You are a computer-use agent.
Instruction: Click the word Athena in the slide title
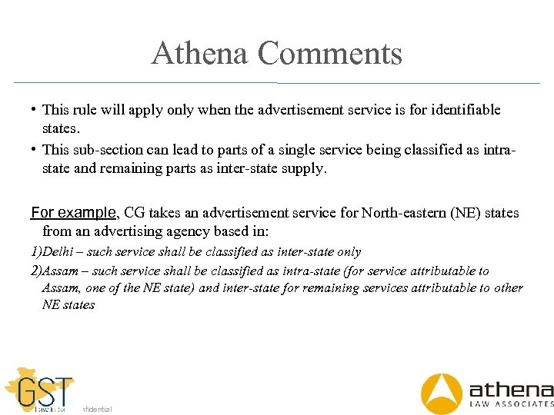tap(200, 54)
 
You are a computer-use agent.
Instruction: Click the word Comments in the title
tap(331, 54)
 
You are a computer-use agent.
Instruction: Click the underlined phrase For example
tap(73, 212)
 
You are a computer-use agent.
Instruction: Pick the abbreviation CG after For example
tap(135, 213)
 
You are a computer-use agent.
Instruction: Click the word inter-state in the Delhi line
tap(302, 252)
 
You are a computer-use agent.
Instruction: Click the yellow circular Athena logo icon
tap(442, 393)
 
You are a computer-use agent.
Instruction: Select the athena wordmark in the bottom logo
tap(511, 387)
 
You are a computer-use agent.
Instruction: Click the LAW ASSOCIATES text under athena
tap(511, 403)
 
